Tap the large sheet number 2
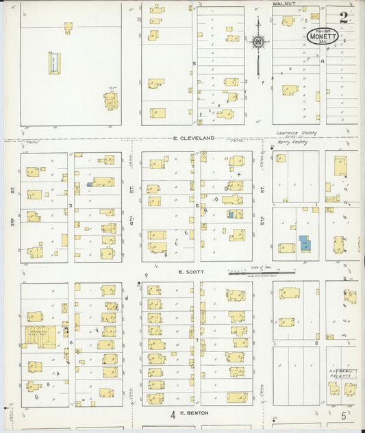tap(342, 16)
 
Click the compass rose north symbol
tap(258, 43)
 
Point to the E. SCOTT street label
tap(188, 271)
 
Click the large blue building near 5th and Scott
tap(304, 243)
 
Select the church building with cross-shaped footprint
tap(111, 100)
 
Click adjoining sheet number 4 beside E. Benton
tap(173, 415)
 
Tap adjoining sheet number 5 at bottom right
tap(343, 415)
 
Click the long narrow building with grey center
tap(53, 63)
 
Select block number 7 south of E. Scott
tap(197, 341)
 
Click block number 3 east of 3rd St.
tap(71, 205)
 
